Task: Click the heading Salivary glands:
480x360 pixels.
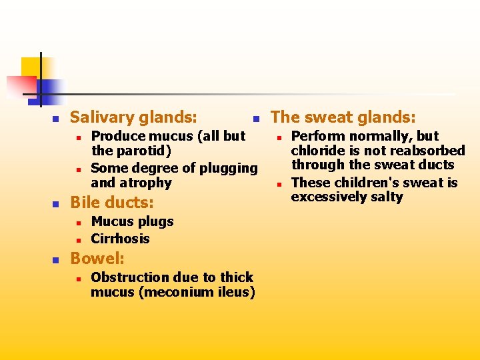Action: coord(133,118)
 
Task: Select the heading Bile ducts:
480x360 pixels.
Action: coord(111,202)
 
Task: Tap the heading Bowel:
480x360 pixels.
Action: coord(97,258)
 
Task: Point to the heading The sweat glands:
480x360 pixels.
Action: coord(343,118)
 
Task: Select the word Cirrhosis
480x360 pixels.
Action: coord(120,239)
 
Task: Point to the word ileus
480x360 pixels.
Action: coord(237,292)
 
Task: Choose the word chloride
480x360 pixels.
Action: coord(317,151)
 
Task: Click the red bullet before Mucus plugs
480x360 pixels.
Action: coord(77,222)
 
